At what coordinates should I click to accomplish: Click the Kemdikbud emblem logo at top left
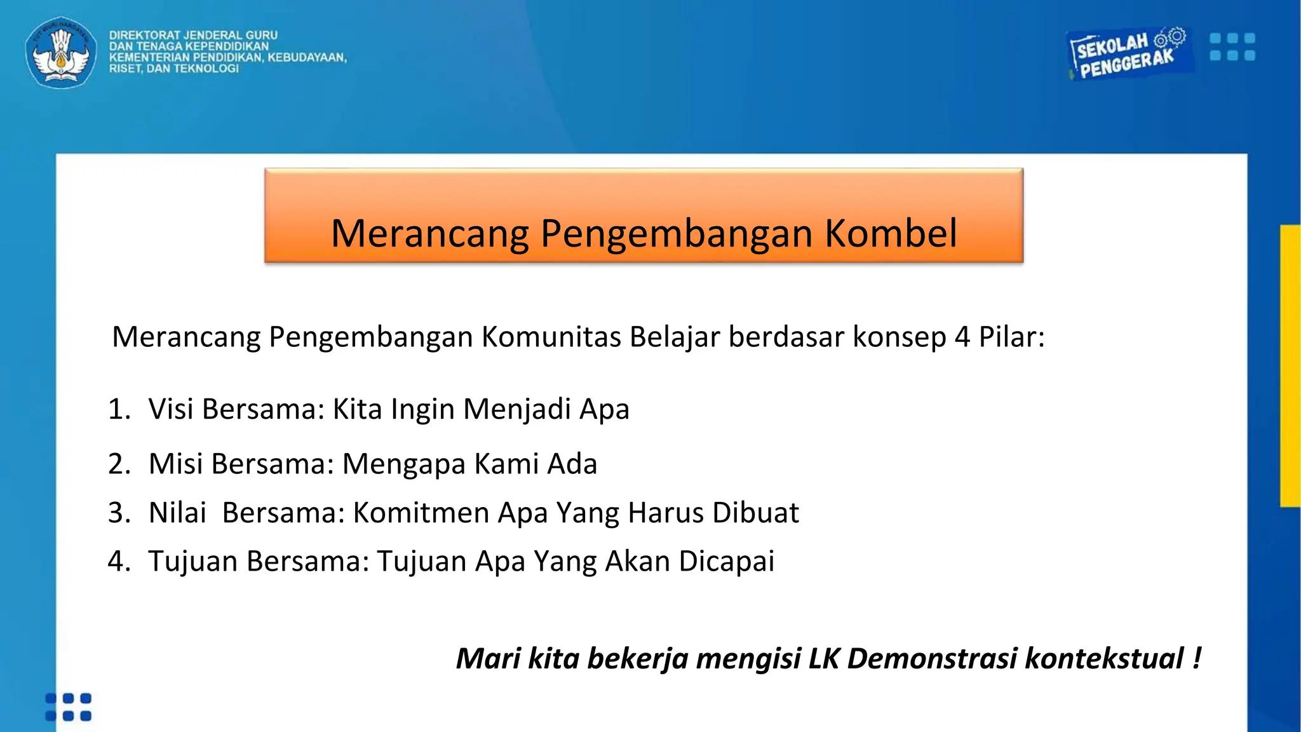pyautogui.click(x=61, y=53)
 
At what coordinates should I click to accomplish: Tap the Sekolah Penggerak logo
pyautogui.click(x=1127, y=53)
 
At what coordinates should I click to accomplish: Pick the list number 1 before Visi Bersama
pyautogui.click(x=118, y=409)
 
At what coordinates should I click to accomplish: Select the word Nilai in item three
pyautogui.click(x=177, y=513)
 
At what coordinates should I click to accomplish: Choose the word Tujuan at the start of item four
pyautogui.click(x=193, y=562)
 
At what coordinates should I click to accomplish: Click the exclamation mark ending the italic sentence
pyautogui.click(x=1197, y=658)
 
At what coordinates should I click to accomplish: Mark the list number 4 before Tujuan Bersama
pyautogui.click(x=118, y=562)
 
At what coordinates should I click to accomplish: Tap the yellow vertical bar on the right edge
pyautogui.click(x=1290, y=365)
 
